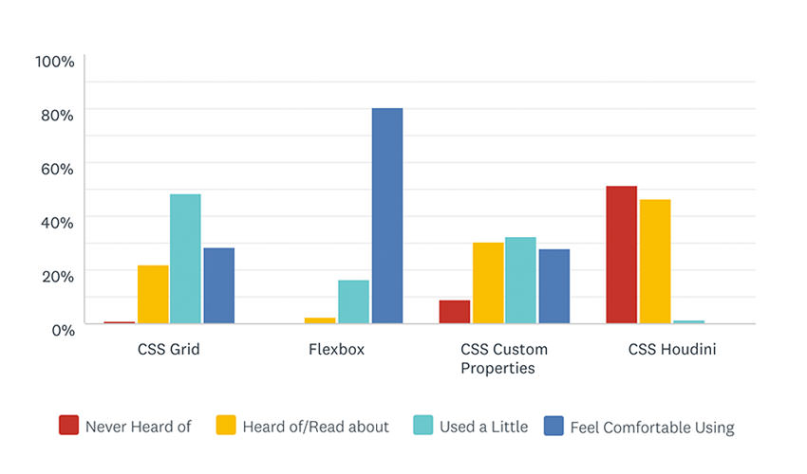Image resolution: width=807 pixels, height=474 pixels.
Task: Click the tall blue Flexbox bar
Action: [386, 216]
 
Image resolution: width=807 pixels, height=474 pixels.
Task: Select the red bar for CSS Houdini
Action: [621, 255]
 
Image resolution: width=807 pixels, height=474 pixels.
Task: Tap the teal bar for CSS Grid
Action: [185, 259]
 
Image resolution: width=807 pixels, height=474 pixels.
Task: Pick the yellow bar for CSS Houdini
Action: [655, 262]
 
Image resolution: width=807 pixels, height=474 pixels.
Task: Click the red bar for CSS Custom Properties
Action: [455, 312]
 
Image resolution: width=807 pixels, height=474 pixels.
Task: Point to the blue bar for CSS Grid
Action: [218, 285]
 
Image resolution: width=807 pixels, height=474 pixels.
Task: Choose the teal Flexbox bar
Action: [353, 301]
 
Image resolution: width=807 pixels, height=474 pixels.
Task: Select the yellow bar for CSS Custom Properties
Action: [488, 283]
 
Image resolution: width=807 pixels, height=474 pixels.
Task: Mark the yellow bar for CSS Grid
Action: [153, 294]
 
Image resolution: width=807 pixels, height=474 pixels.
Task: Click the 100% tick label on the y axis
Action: [54, 62]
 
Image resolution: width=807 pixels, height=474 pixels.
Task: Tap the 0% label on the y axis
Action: [61, 330]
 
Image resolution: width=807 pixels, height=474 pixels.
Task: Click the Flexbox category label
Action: [336, 350]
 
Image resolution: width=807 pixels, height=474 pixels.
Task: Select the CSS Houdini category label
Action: [672, 350]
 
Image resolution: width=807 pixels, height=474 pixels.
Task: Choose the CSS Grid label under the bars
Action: [169, 350]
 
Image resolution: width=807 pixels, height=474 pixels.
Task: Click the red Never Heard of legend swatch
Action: [68, 426]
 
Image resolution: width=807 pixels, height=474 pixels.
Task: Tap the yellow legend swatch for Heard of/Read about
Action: [226, 426]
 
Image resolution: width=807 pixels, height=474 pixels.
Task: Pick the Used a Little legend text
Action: [483, 427]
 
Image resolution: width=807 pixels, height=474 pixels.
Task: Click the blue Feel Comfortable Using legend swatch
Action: [554, 426]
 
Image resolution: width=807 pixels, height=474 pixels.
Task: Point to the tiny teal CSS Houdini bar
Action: [688, 322]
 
